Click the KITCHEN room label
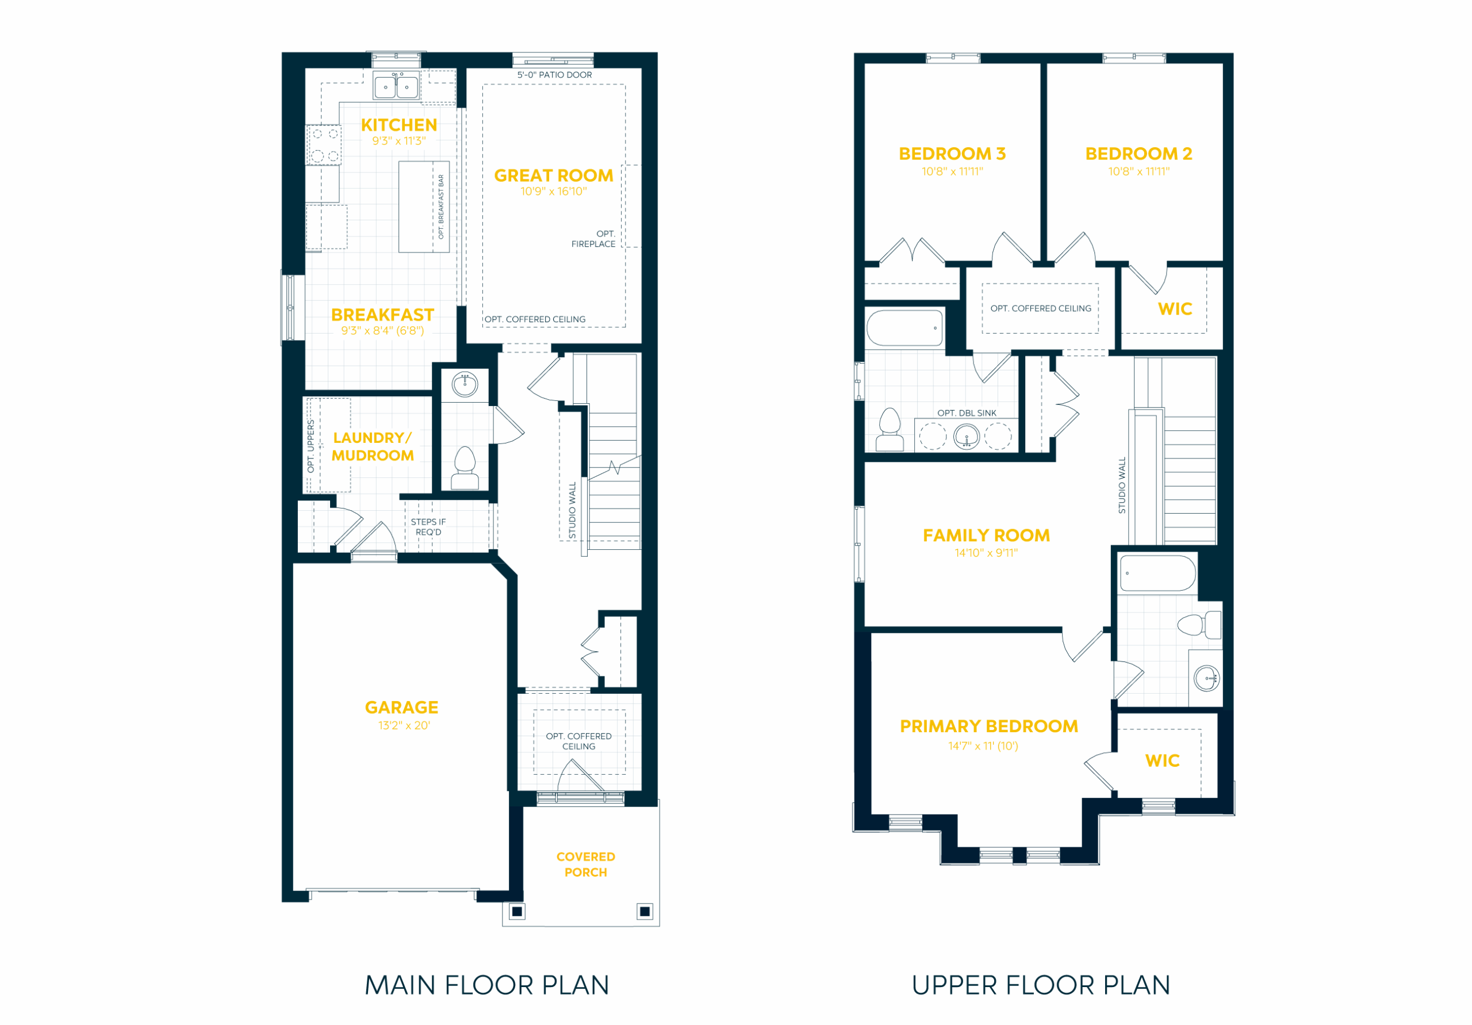(x=399, y=125)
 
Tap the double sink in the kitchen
(x=396, y=86)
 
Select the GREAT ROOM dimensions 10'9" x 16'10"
(x=553, y=191)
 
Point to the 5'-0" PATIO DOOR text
(x=554, y=75)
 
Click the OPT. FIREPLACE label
(x=593, y=239)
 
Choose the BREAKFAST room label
(x=383, y=315)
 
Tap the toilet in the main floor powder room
(x=465, y=468)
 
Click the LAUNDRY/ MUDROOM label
(x=373, y=446)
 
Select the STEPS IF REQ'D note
(x=428, y=527)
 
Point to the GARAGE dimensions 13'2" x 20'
(x=404, y=725)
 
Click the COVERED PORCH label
(x=586, y=864)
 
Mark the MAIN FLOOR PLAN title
(x=487, y=985)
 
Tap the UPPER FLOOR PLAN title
(x=1041, y=985)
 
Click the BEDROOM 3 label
(x=952, y=154)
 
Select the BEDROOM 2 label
(x=1138, y=154)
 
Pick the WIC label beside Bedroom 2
(x=1175, y=309)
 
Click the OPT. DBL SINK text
(x=967, y=413)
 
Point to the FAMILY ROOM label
(x=986, y=536)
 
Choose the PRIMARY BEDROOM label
(x=988, y=726)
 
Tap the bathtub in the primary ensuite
(x=1157, y=573)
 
